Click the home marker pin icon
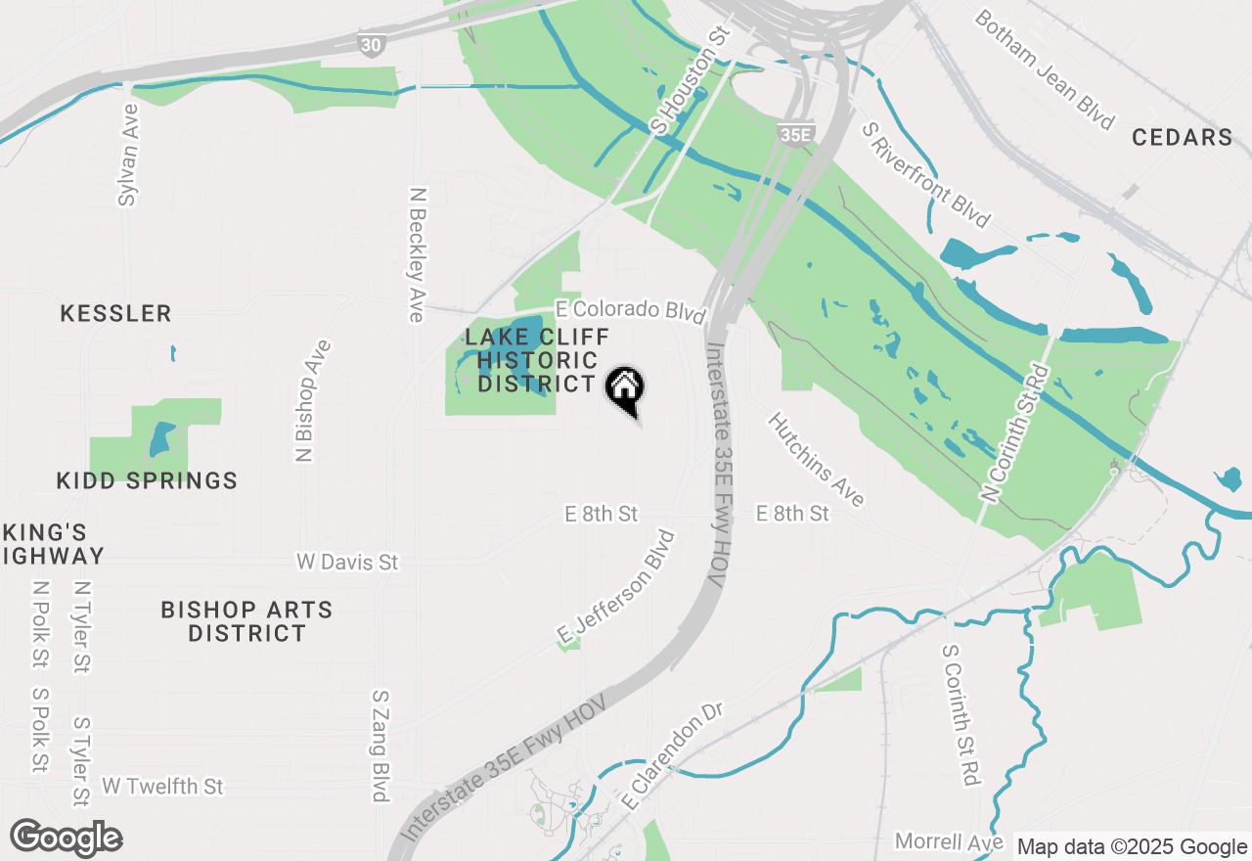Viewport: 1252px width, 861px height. [624, 389]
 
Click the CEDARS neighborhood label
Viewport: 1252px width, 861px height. [1182, 137]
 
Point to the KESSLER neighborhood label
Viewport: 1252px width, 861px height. [115, 314]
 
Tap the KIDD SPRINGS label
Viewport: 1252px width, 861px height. [147, 480]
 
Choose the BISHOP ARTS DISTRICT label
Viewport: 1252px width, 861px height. [246, 621]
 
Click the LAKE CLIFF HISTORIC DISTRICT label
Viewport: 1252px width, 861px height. [536, 360]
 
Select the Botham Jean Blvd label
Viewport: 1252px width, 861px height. [1045, 69]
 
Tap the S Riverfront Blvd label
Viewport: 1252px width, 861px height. [925, 174]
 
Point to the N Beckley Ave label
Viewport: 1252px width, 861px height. [418, 254]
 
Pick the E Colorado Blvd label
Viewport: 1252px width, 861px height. [631, 310]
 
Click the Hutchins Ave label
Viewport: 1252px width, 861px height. [816, 459]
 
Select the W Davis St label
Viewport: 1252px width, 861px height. [348, 563]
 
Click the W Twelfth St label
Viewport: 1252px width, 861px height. [162, 786]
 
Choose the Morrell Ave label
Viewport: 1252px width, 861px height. [949, 842]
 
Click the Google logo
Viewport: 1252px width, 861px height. [67, 838]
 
